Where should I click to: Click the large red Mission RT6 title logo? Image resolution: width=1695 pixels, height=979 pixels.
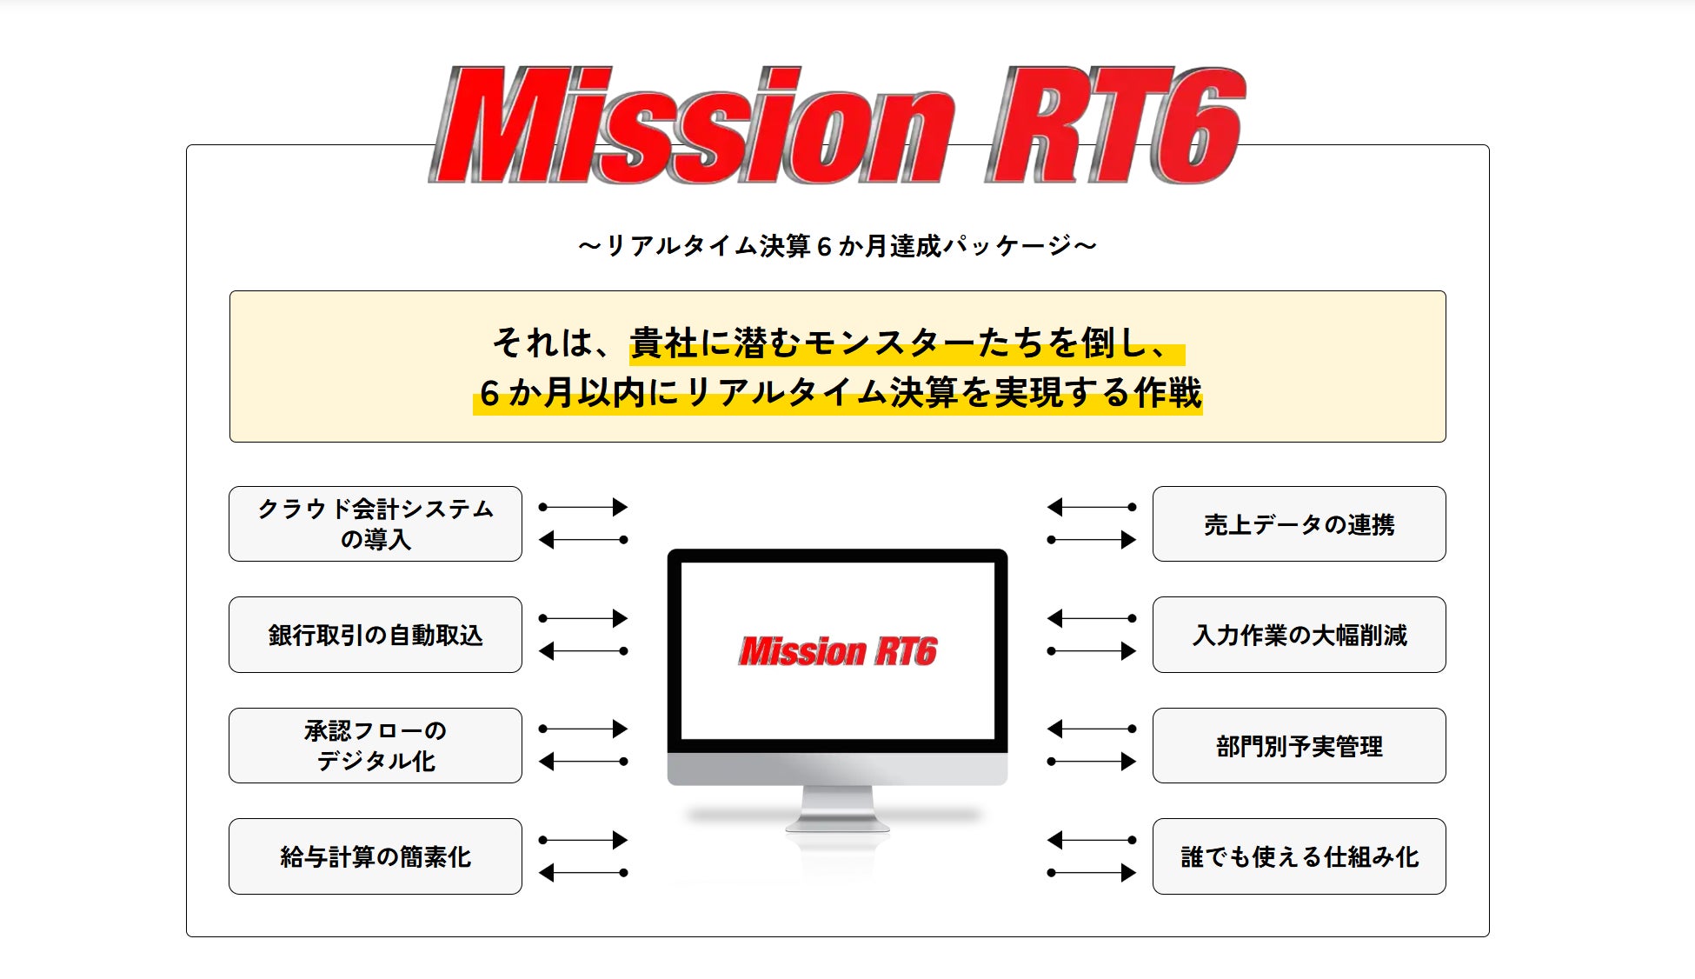point(837,124)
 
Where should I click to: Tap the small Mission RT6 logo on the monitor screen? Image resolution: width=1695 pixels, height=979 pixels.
point(838,651)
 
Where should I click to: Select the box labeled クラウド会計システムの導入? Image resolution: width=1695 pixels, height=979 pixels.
point(376,523)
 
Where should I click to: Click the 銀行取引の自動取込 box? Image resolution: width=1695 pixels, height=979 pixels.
point(376,635)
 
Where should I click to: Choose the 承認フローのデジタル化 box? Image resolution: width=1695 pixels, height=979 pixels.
point(376,745)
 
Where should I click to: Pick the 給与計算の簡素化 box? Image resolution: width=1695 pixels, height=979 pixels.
point(376,856)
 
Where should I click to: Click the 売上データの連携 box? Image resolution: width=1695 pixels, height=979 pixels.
point(1299,523)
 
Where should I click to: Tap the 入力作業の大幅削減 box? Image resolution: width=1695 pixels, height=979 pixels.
point(1299,635)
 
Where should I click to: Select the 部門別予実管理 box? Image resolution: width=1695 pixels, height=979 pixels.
point(1299,745)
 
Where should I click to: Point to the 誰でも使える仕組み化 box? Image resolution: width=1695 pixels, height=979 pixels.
point(1299,856)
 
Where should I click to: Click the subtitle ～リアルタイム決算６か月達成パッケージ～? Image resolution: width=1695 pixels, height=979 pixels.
point(837,246)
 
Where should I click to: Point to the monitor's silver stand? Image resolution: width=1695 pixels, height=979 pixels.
point(837,808)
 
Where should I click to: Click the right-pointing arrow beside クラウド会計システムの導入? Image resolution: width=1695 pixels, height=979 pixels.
point(582,507)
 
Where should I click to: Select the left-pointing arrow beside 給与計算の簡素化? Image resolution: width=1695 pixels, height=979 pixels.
point(582,873)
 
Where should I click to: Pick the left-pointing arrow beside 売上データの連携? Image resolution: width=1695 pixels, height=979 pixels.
point(1092,507)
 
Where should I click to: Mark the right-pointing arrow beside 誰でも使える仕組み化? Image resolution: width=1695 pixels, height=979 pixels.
point(1092,873)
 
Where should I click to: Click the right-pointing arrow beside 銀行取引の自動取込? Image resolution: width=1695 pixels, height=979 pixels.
point(582,618)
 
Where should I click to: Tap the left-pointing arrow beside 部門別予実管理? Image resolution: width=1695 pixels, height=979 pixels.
point(1092,729)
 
